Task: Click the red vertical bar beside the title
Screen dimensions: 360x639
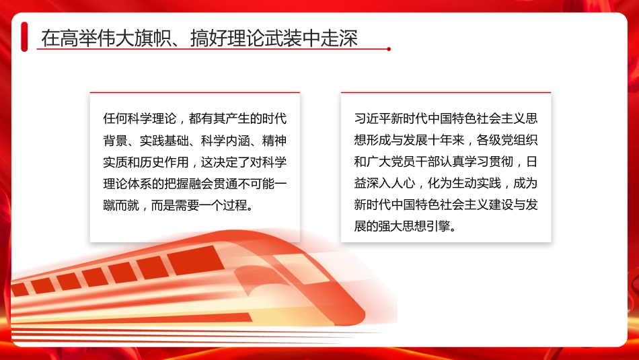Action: [x=24, y=36]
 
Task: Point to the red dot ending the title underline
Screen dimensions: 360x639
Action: [x=389, y=48]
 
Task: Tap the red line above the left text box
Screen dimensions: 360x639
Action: [x=195, y=92]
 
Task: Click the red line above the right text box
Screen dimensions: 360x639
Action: [x=446, y=92]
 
